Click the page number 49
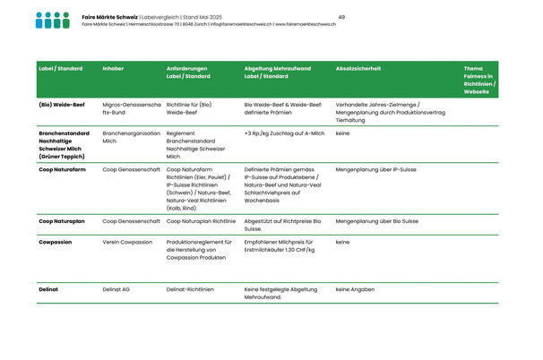[342, 17]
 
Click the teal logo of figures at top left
[52, 20]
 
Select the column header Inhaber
[114, 68]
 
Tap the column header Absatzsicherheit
[358, 68]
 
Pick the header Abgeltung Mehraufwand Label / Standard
[277, 73]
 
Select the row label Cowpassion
[56, 242]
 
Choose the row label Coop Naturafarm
[63, 169]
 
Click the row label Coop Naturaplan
[63, 220]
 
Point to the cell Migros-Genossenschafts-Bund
[132, 109]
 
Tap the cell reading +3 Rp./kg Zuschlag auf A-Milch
[284, 133]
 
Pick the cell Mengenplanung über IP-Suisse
[376, 169]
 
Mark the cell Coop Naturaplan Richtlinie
[202, 220]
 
